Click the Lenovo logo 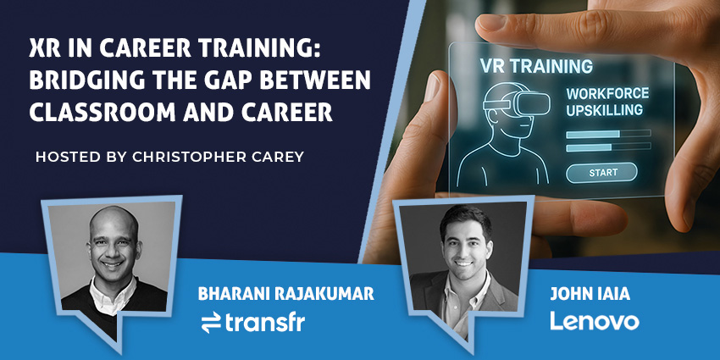pos(594,321)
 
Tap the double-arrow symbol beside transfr pos(210,322)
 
